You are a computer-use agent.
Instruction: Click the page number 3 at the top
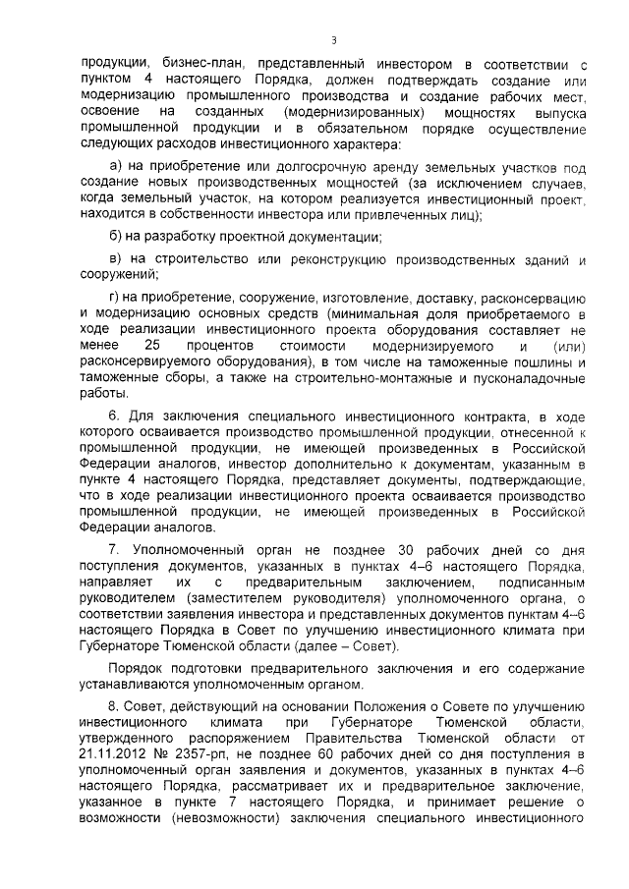tap(334, 40)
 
